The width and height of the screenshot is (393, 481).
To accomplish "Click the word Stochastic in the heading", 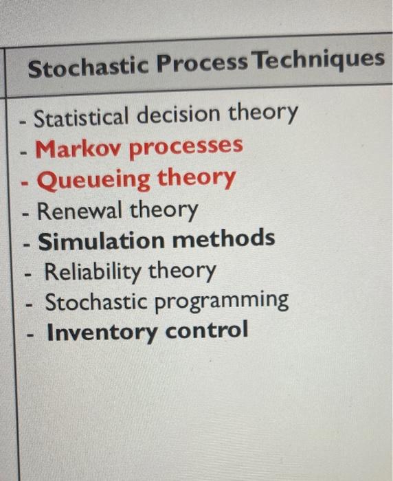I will click(x=87, y=67).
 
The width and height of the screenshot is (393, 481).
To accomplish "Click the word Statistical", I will click(x=82, y=117).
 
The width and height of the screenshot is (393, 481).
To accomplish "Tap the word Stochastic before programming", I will click(x=96, y=302).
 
